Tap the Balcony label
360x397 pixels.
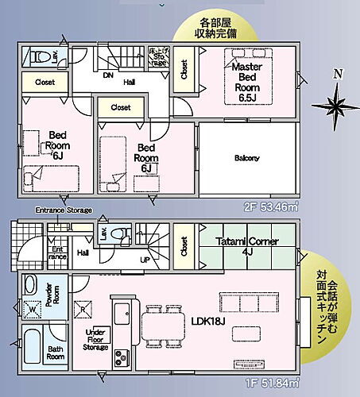pyautogui.click(x=246, y=157)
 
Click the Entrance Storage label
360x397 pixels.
pyautogui.click(x=63, y=210)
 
